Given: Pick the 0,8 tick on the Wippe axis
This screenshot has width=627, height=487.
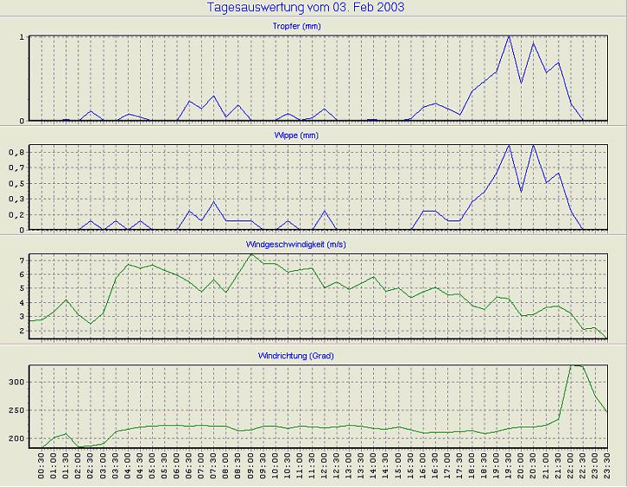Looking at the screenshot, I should [17, 152].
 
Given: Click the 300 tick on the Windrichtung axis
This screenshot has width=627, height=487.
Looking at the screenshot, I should [16, 382].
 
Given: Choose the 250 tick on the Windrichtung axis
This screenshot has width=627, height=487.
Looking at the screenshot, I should [16, 410].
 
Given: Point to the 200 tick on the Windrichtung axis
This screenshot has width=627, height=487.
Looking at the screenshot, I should [16, 439].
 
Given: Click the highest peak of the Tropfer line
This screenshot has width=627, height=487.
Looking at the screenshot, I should [509, 36].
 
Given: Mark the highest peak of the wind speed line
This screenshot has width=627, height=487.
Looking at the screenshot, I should [250, 254].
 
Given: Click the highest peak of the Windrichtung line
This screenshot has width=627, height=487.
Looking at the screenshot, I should [571, 365].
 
